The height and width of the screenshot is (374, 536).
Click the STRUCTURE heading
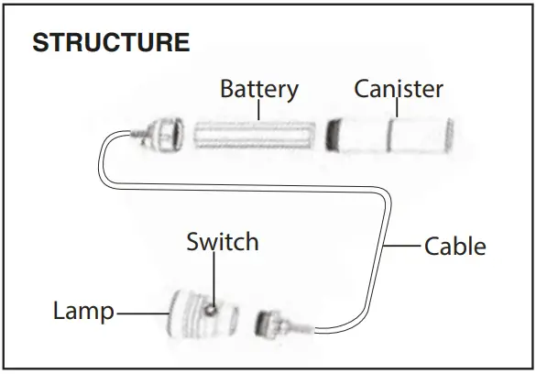pos(111,42)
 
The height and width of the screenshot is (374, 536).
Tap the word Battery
pos(259,89)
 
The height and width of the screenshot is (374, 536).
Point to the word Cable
pos(455,246)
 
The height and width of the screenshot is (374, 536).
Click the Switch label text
pos(222,242)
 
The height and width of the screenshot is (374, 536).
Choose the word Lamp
pos(82,312)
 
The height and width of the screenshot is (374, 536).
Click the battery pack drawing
pos(255,135)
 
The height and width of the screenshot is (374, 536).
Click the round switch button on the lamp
pos(212,309)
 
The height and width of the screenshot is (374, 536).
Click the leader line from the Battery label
pos(260,110)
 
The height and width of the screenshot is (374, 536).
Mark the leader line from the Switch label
pos(217,279)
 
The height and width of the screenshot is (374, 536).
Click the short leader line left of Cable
pos(403,246)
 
